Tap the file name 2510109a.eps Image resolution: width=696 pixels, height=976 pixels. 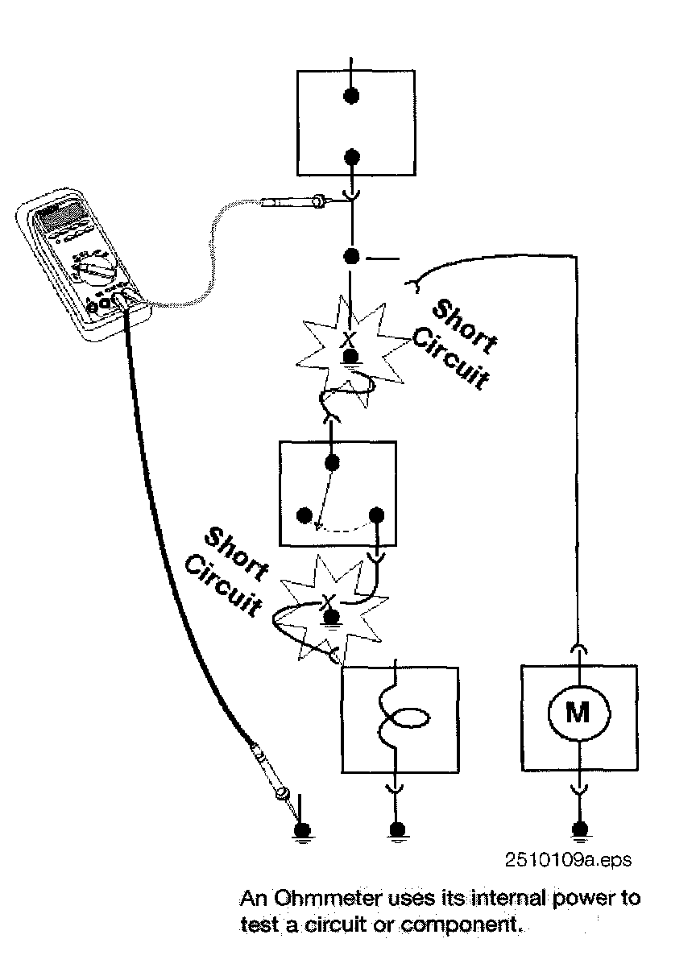point(568,861)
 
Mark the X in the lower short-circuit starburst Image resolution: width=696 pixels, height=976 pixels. point(328,601)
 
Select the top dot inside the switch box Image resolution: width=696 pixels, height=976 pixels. point(331,462)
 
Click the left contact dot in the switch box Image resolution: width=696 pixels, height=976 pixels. point(304,515)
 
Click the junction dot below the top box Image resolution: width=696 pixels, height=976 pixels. point(351,257)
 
